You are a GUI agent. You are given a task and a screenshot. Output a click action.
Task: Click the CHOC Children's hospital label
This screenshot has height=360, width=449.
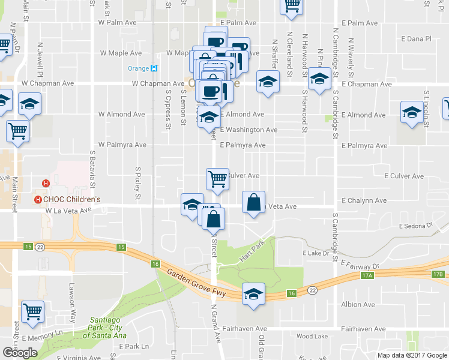(71, 199)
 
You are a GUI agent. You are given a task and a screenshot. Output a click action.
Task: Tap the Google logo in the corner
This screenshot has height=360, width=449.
(20, 353)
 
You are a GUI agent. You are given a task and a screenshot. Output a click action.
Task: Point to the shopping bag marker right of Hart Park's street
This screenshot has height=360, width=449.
(253, 202)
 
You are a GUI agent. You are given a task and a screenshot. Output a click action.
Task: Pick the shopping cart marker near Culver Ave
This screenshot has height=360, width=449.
(217, 179)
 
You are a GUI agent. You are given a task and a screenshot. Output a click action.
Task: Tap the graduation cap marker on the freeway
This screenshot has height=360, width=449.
(253, 295)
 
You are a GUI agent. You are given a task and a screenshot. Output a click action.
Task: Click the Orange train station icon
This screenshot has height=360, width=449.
(154, 68)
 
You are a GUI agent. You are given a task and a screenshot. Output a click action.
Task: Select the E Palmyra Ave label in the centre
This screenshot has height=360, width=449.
(243, 145)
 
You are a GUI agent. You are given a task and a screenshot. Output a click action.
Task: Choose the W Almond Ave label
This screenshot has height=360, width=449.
(122, 114)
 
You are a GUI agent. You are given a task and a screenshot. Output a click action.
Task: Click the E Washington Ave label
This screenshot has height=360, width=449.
(249, 130)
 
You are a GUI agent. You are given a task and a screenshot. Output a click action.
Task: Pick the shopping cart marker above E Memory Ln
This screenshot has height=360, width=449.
(32, 311)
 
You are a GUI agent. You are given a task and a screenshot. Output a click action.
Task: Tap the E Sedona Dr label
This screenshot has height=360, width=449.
(415, 226)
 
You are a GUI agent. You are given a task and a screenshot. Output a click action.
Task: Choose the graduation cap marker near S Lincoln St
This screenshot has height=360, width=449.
(412, 113)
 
